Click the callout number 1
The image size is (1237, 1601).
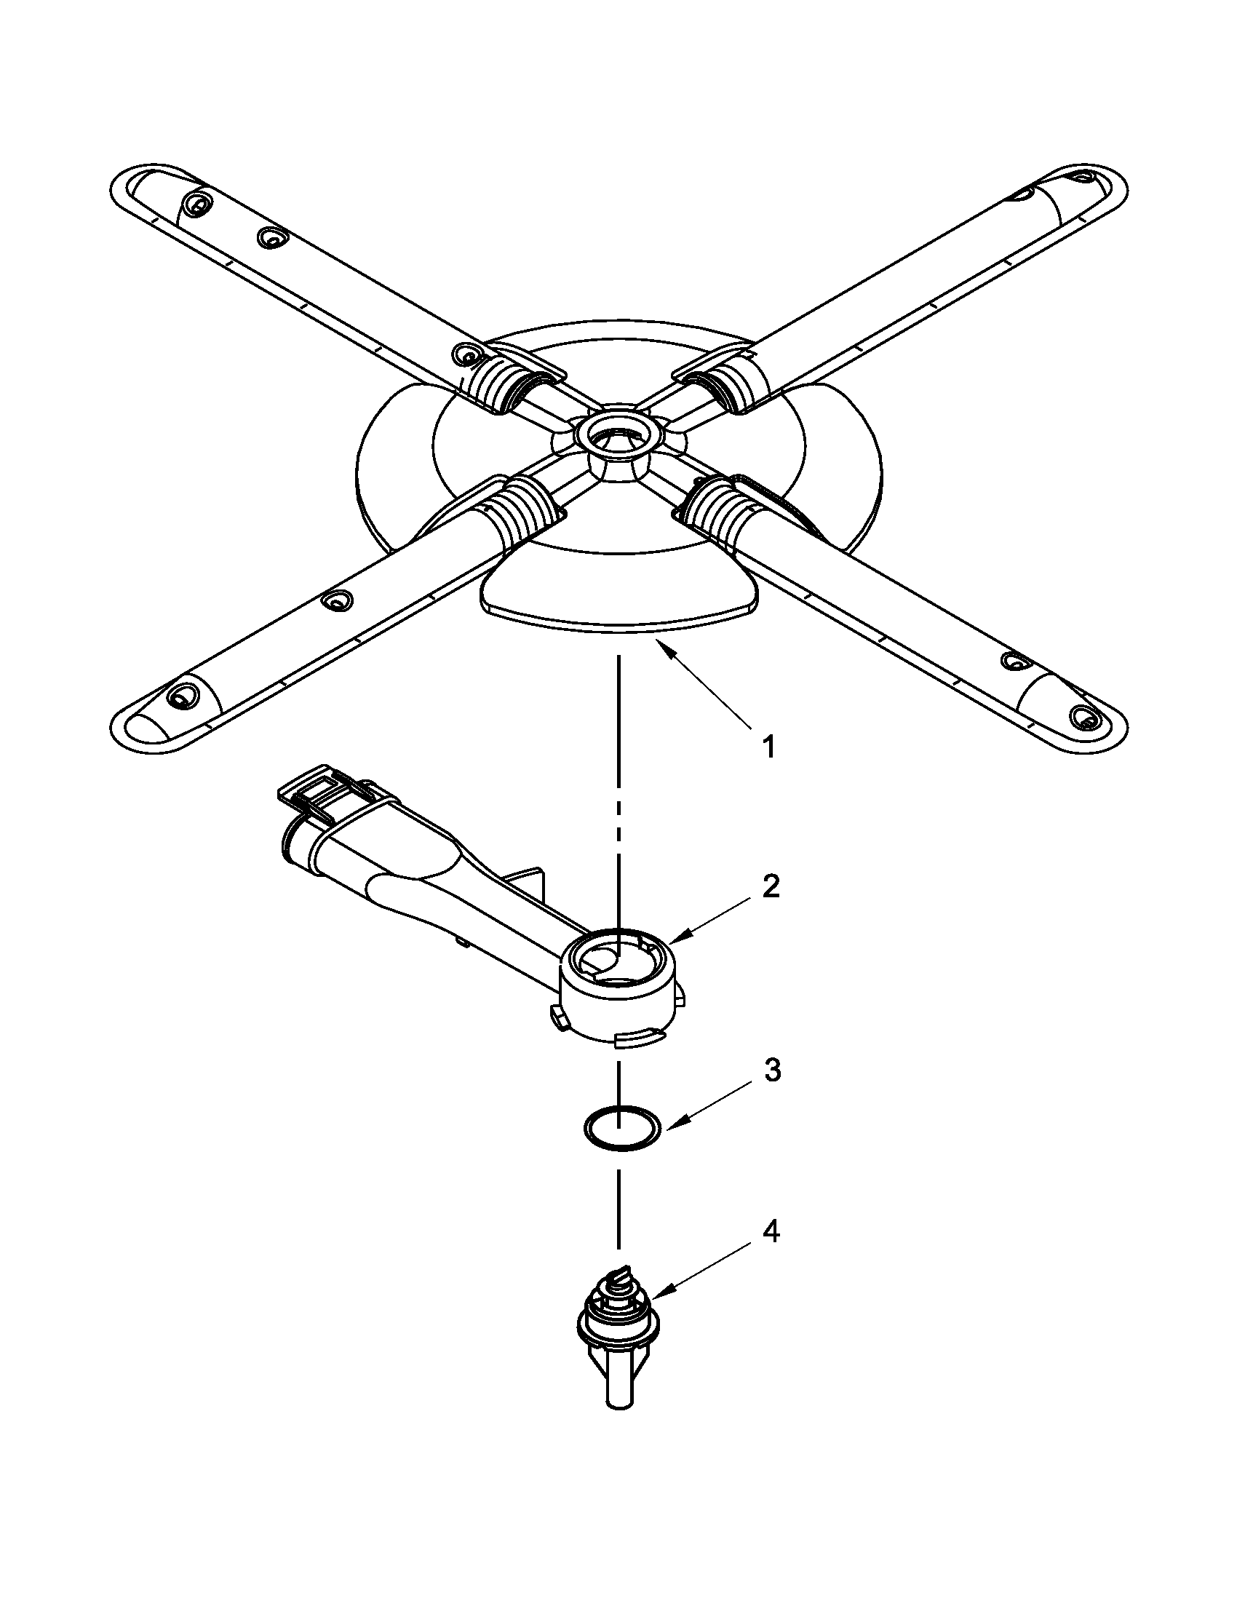(767, 747)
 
